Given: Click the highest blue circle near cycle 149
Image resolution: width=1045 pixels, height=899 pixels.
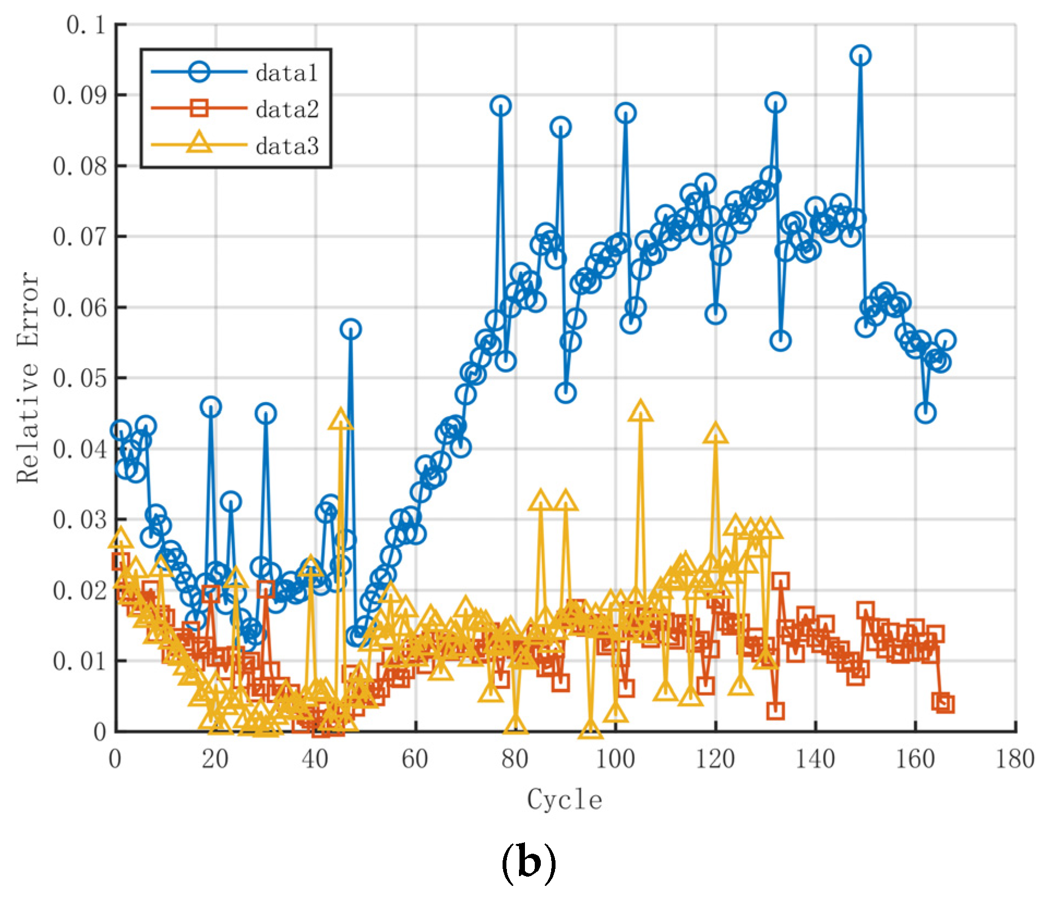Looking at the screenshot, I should click(861, 56).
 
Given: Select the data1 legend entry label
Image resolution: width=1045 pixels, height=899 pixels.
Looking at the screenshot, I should click(286, 73).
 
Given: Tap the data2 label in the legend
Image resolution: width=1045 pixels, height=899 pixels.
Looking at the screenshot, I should click(287, 110).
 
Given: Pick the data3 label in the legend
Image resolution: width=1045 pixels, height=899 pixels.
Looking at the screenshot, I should click(287, 146).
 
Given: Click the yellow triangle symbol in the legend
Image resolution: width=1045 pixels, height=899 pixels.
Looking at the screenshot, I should click(199, 143).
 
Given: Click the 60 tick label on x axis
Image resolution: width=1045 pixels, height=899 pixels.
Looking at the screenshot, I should click(415, 759).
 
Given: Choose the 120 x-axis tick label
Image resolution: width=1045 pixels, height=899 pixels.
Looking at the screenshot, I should click(715, 759).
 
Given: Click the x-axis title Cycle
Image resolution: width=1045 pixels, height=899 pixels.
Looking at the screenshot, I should click(565, 800).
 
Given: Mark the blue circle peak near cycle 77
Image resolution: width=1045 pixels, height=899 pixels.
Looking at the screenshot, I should click(501, 106).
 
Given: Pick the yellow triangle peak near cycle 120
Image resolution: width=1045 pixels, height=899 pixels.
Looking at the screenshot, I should click(715, 434).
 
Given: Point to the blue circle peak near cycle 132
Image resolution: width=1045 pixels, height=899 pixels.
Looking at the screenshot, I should click(775, 103).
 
